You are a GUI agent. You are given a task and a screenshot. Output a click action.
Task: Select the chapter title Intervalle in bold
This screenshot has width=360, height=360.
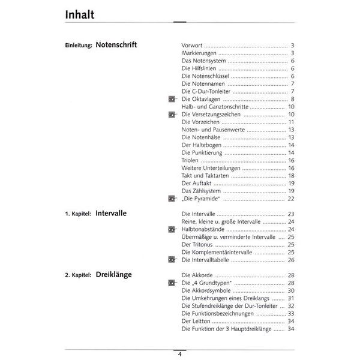pyautogui.click(x=115, y=213)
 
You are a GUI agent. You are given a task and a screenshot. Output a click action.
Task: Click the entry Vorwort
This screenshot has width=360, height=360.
pyautogui.click(x=192, y=46)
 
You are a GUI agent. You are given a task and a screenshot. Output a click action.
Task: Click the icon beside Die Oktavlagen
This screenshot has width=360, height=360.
pyautogui.click(x=172, y=99)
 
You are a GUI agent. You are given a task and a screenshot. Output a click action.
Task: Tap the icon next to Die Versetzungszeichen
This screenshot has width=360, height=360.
pyautogui.click(x=172, y=114)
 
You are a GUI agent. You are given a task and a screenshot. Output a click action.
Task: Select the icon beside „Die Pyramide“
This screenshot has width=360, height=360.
pyautogui.click(x=172, y=199)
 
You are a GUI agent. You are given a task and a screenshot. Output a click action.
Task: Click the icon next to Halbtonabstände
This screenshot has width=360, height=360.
pyautogui.click(x=172, y=229)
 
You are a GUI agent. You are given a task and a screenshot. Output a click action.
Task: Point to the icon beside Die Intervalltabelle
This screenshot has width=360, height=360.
pyautogui.click(x=172, y=260)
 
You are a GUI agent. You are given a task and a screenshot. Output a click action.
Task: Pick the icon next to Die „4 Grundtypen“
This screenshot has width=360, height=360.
pyautogui.click(x=172, y=283)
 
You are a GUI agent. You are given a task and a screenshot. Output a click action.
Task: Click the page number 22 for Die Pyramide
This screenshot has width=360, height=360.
pyautogui.click(x=290, y=199)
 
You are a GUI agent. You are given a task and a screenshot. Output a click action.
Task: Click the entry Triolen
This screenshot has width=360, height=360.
pyautogui.click(x=191, y=160)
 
